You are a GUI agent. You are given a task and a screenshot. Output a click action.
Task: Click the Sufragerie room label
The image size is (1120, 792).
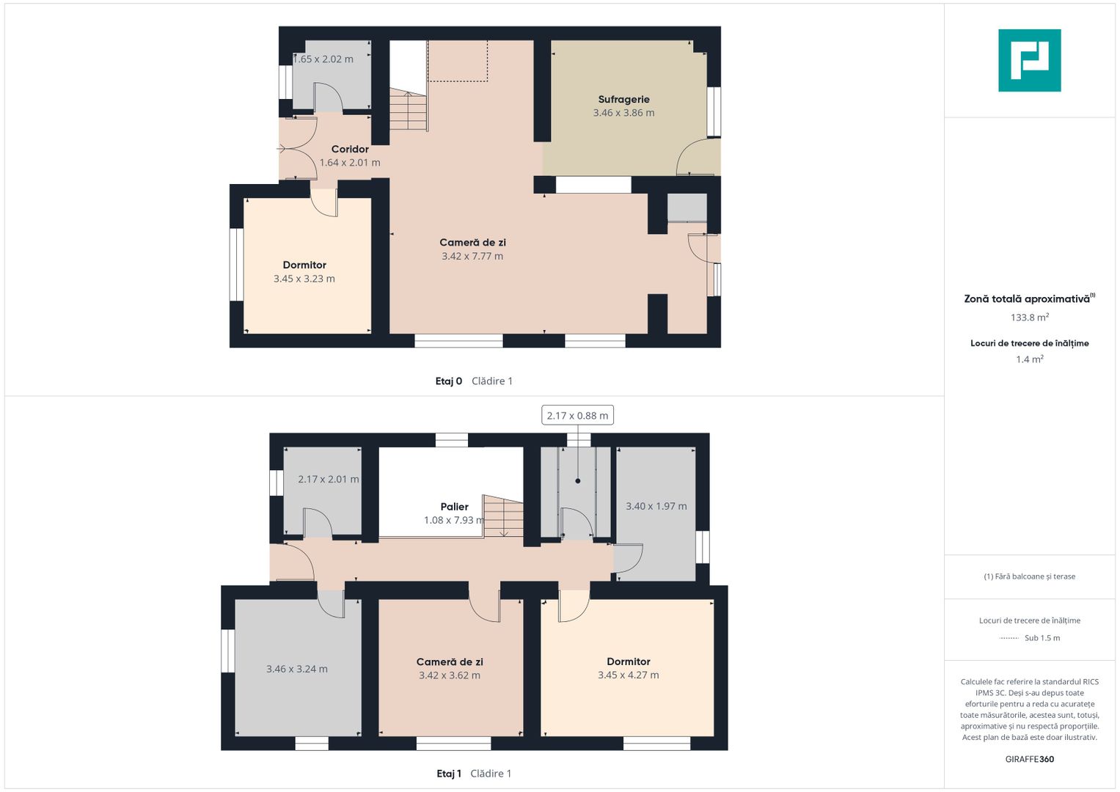coord(623,100)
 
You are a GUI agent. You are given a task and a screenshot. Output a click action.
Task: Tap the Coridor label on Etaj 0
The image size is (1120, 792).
coord(350,149)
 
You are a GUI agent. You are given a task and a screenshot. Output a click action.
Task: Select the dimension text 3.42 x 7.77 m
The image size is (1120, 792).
coord(472,256)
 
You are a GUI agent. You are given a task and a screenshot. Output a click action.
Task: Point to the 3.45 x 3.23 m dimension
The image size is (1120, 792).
coord(304,279)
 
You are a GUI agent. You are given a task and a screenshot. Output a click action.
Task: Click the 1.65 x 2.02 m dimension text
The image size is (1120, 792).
coord(323,59)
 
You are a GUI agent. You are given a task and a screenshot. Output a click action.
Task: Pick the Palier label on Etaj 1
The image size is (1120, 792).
coord(455,507)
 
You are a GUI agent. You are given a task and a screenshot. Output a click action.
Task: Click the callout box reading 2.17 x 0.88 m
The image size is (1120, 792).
coord(577,416)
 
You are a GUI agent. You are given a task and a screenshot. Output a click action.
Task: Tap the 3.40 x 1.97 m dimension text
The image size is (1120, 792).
coord(656,506)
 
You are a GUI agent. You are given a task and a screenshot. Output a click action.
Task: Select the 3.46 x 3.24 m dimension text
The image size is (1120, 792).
coord(297,669)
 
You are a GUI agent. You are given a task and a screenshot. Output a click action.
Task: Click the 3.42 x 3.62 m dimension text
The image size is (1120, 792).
coord(450,675)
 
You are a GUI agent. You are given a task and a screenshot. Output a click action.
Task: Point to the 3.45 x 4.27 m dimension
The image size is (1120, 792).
coord(629,675)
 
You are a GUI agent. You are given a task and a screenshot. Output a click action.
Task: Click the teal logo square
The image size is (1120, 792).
coord(1030,60)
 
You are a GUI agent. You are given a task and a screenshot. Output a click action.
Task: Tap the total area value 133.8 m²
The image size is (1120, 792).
coord(1030,318)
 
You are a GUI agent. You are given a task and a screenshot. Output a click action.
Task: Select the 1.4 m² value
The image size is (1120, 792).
coord(1030,359)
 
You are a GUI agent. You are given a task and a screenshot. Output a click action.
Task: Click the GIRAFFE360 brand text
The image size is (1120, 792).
coord(1030,759)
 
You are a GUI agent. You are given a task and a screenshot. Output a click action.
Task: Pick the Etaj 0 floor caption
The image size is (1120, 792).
coord(448,381)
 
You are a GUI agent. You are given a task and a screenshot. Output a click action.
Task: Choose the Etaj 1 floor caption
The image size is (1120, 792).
coord(449,774)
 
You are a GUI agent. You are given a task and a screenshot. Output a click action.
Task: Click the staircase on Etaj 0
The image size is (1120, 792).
coord(409,109)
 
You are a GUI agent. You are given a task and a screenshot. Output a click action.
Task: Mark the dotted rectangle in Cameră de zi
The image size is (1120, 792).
coord(458,60)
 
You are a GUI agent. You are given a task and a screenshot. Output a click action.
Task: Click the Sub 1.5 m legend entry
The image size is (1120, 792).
coord(1042,638)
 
